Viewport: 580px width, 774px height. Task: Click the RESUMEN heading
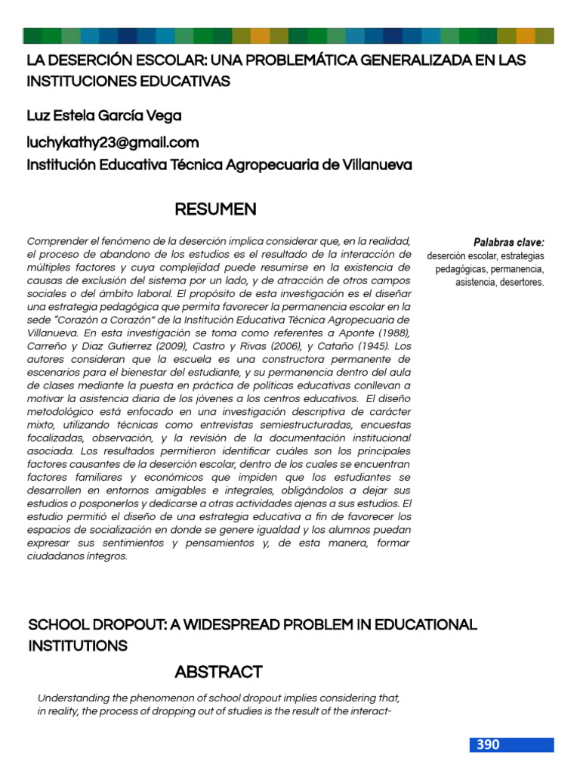(215, 209)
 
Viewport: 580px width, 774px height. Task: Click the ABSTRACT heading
(218, 672)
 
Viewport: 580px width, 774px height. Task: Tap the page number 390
(488, 745)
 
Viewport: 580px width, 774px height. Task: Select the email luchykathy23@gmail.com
(113, 142)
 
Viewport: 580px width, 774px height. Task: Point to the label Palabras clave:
(508, 243)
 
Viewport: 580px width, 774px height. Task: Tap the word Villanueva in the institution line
(375, 164)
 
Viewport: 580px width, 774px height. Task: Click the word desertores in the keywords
(518, 282)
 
